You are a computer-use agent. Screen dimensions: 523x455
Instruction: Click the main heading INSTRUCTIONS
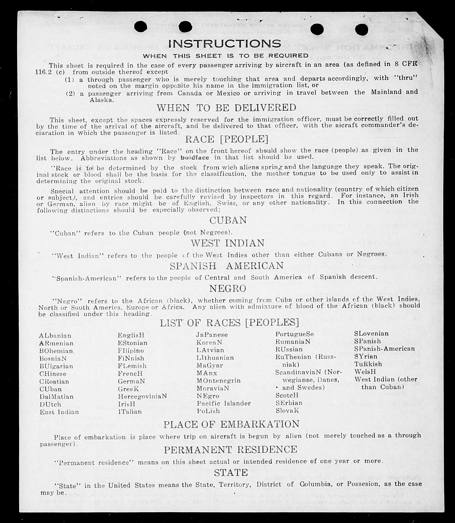coord(225,44)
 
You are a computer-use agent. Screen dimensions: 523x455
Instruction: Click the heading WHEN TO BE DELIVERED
coord(226,108)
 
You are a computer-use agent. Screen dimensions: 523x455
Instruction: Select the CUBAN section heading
coord(228,220)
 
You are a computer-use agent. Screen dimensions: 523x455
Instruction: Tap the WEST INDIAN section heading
coord(228,243)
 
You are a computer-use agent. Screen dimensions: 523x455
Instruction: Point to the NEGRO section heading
coord(228,288)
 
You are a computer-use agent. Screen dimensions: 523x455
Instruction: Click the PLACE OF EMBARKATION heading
coord(231,424)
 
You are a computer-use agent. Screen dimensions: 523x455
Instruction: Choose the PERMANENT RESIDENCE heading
coord(231,450)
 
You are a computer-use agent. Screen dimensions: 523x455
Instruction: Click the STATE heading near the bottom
coord(231,473)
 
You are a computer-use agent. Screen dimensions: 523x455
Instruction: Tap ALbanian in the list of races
coord(55,336)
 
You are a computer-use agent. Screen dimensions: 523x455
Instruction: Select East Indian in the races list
coord(59,412)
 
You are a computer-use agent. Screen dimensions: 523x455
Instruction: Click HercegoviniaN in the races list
coord(142,396)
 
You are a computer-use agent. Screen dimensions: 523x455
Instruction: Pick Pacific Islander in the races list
coord(224,403)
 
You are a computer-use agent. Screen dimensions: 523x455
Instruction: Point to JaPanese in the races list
coord(212,335)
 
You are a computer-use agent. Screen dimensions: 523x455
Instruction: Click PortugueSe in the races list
coord(294,334)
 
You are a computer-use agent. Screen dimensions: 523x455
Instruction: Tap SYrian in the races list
coord(366,356)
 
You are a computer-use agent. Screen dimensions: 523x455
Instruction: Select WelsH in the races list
coord(365,371)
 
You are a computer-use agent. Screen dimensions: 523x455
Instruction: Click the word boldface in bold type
coord(195,158)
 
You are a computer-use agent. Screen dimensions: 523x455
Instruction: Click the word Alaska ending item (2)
coord(102,100)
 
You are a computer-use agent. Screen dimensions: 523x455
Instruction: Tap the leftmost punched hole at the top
coord(141,26)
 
